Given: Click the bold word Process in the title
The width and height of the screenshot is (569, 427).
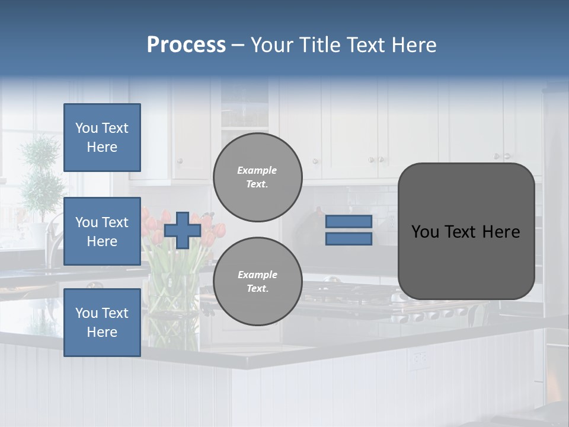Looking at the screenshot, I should point(186,45).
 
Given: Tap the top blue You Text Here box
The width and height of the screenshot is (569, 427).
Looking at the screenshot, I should point(102,138).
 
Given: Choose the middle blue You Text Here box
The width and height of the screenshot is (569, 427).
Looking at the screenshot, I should point(102,231).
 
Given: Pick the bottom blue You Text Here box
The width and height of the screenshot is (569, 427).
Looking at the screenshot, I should point(102,322).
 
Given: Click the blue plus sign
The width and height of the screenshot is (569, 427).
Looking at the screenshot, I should point(183,230).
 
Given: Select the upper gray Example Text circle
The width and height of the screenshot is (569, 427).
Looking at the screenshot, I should point(257,177).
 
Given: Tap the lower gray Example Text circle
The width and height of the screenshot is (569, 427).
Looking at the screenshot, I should point(257,281).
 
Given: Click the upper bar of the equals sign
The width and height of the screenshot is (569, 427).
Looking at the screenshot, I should point(349,221).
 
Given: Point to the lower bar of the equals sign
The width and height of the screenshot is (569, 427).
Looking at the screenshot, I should point(349,238).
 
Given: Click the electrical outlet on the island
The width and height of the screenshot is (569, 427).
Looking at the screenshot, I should point(420,358).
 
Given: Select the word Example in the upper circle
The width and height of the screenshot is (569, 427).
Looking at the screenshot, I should point(257,170).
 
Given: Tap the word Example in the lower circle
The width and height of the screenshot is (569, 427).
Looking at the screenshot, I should point(257,275).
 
